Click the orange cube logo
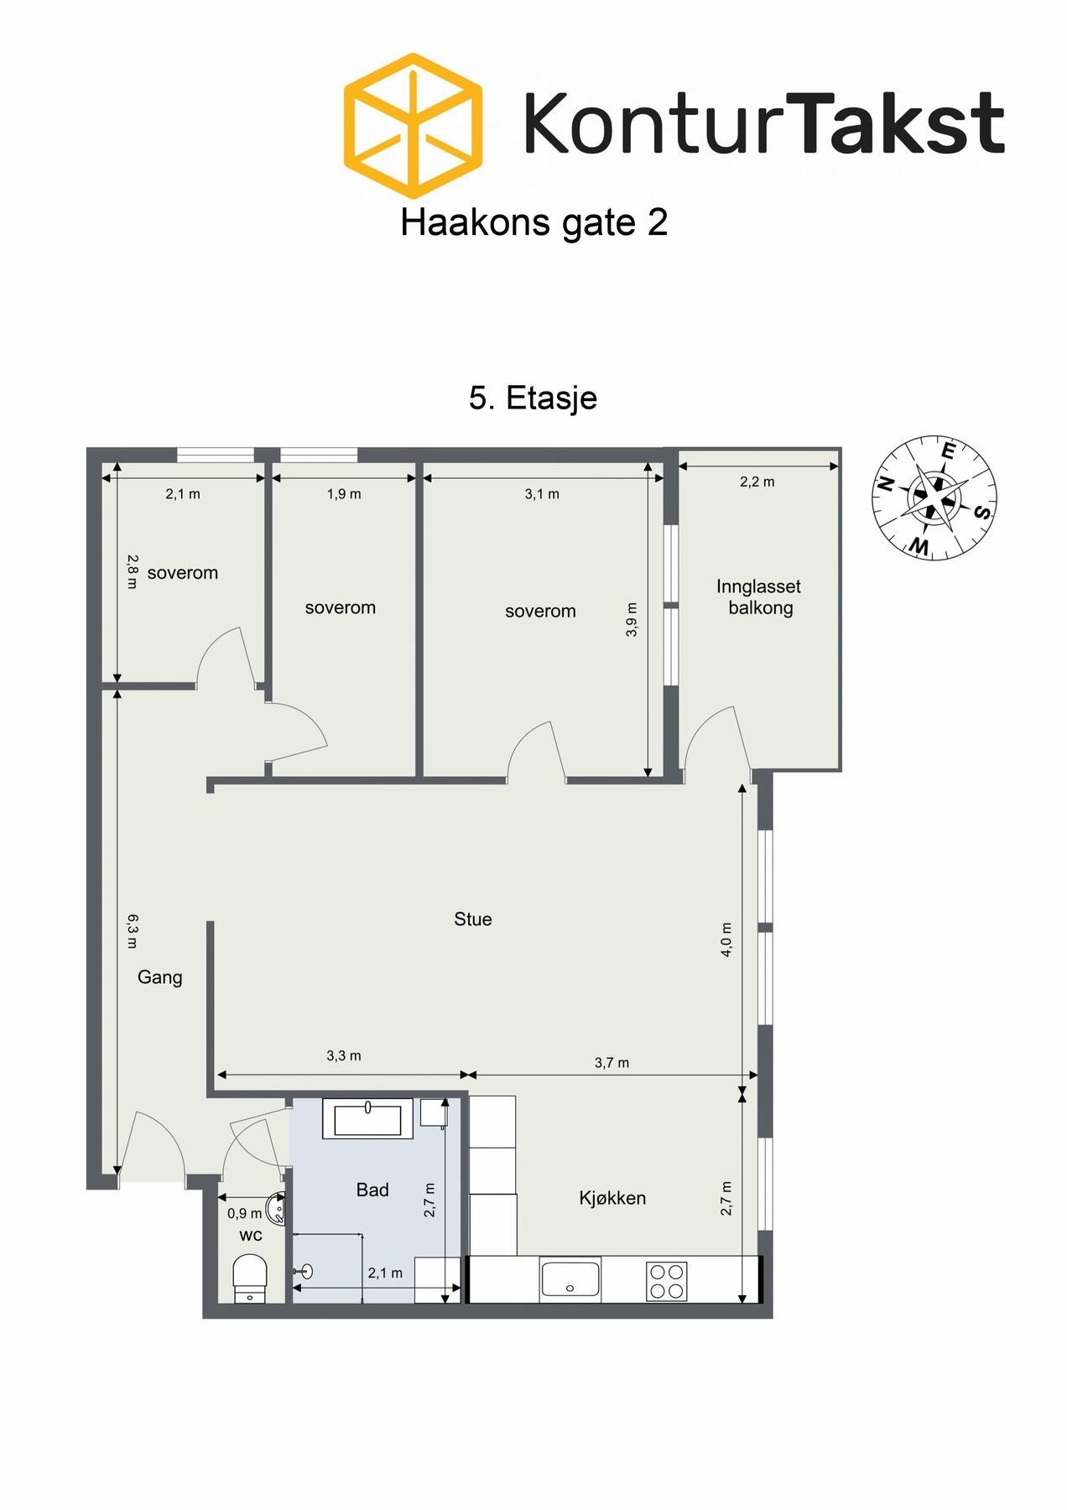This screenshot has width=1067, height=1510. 413,125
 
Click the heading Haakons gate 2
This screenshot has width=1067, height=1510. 533,223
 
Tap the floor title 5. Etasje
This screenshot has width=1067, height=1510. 533,398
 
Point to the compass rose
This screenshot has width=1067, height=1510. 934,497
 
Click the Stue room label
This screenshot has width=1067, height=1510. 472,919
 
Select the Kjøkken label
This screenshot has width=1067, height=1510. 612,1198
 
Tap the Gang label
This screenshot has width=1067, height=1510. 159,977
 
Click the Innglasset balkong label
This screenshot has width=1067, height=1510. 759,597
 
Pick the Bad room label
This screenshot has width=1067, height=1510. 372,1190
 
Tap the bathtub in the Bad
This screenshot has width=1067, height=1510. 368,1119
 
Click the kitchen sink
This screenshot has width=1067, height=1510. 570,1279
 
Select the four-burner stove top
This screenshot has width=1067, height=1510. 667,1281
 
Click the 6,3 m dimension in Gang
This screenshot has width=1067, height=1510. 132,931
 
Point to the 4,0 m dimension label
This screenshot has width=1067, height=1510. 726,940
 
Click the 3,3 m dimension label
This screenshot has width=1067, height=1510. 344,1056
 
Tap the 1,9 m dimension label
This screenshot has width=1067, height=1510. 344,494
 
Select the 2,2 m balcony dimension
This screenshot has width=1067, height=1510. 757,482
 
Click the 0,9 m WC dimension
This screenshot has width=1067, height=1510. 244,1213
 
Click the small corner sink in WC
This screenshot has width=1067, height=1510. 276,1209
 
